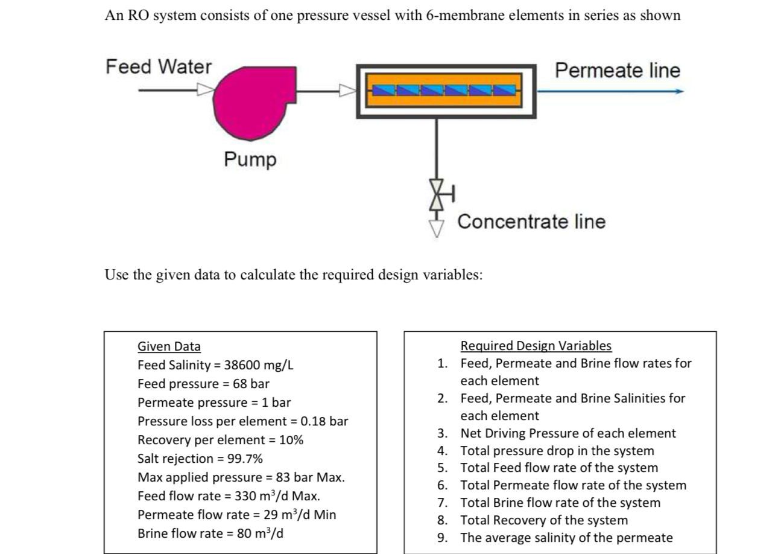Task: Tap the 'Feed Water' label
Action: point(159,66)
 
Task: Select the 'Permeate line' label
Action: point(617,71)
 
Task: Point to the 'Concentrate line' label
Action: point(531,221)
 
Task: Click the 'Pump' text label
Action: point(250,159)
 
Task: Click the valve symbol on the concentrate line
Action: point(437,194)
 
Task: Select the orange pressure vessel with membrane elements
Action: point(446,91)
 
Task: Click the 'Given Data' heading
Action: point(169,346)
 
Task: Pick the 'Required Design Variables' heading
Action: point(536,346)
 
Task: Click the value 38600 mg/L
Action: point(259,365)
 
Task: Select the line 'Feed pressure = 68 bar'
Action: point(203,384)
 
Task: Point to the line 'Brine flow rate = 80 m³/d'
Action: point(210,533)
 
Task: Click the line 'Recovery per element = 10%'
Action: point(220,440)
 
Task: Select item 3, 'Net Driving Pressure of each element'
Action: point(568,433)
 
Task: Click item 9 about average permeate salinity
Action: point(566,538)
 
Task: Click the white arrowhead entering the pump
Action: point(206,91)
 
